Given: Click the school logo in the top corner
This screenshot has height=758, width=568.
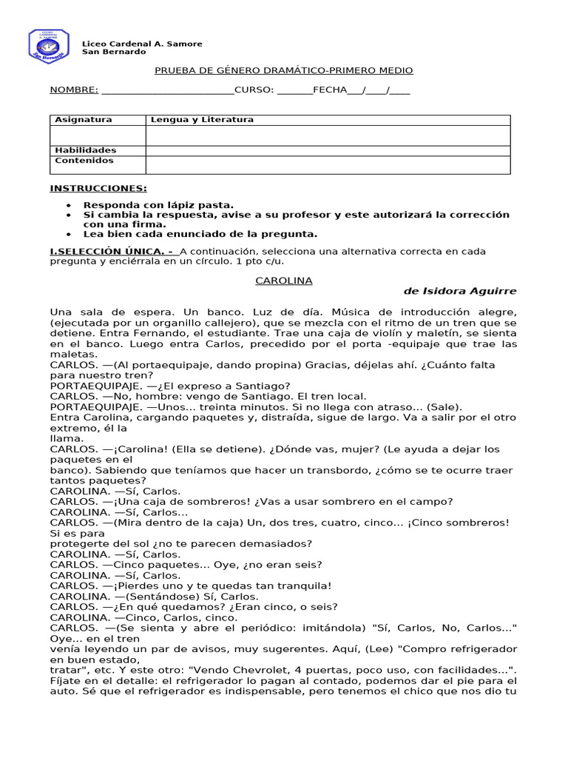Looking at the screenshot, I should (x=48, y=46).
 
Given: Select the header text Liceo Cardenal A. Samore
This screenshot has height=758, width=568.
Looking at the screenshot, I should (x=141, y=44).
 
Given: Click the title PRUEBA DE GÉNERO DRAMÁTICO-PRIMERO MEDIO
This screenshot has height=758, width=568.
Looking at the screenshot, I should (x=283, y=70).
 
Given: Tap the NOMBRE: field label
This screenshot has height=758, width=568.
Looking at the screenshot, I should (x=74, y=90).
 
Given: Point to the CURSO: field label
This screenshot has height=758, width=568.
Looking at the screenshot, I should (x=254, y=90).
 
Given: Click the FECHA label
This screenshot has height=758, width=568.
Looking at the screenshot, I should (x=329, y=90).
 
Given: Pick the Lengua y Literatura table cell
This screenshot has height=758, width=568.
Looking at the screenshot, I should (x=202, y=120).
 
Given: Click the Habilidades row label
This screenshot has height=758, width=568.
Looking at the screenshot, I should (x=86, y=150).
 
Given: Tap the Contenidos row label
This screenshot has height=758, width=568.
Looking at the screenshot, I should (x=84, y=161).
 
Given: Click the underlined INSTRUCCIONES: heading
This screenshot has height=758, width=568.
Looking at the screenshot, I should (x=98, y=189).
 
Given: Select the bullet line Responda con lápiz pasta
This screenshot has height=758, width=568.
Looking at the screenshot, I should (x=158, y=205).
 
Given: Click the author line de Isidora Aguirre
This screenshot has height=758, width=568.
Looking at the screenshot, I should (x=459, y=292).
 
